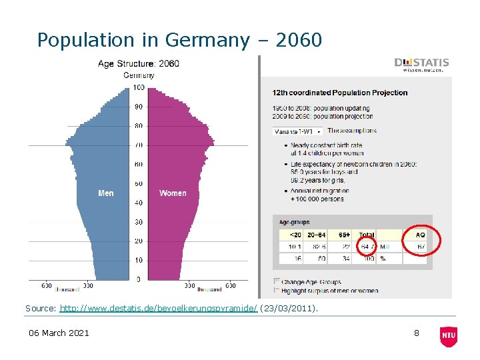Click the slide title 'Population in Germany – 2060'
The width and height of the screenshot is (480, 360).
tap(179, 40)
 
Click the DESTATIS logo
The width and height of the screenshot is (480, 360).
tap(421, 66)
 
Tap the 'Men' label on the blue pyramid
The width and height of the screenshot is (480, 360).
tap(106, 193)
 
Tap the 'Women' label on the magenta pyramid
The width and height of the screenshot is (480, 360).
tap(173, 193)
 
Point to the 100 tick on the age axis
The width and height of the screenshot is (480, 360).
tap(138, 87)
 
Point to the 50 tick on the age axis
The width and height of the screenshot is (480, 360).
tap(138, 183)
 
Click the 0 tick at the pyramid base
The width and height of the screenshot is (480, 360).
tap(138, 279)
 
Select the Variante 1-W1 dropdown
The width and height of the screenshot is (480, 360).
tap(297, 131)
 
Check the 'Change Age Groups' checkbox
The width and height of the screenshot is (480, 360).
tap(277, 281)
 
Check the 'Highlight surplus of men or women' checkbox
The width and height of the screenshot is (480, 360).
tap(277, 290)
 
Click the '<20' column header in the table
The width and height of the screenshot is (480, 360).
tap(295, 235)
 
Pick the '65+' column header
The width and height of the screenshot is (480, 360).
tap(345, 235)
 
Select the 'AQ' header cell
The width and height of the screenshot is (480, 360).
tap(420, 235)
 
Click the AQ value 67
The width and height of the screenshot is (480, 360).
tap(421, 247)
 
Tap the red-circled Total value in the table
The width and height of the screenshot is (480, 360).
tap(367, 247)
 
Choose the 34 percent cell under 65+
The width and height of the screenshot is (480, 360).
tap(346, 258)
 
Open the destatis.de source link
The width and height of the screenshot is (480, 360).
tap(158, 309)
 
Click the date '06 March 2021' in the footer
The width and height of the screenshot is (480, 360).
tap(58, 333)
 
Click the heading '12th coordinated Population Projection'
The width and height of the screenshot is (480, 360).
tap(340, 93)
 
